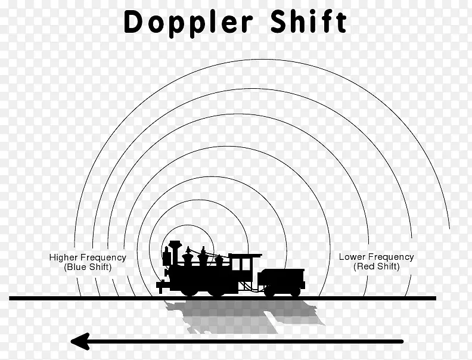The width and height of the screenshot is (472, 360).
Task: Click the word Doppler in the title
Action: coord(188,23)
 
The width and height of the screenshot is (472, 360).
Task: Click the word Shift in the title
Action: coord(309,21)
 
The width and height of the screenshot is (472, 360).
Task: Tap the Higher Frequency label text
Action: coord(88,257)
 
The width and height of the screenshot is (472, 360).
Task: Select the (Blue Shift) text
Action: coord(88,267)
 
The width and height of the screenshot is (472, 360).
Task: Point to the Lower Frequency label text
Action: coord(376,257)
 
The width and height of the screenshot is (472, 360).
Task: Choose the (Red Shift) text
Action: coord(376,266)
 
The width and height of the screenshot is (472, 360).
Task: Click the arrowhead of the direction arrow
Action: coord(80,342)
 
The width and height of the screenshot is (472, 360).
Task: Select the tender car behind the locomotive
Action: coord(281,282)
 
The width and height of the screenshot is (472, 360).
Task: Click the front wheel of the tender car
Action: coord(269,291)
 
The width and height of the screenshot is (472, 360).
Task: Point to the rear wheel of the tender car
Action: coord(296,291)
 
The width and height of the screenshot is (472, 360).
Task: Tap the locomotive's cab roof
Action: coord(246,256)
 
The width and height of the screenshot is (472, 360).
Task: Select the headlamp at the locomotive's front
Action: coord(166,256)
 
